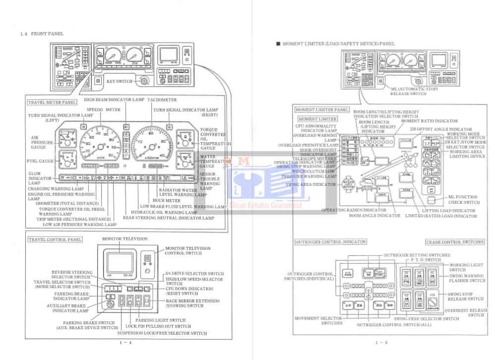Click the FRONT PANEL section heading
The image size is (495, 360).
tap(47, 34)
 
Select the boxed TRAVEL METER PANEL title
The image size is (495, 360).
tap(52, 102)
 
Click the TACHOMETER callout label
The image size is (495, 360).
tap(162, 100)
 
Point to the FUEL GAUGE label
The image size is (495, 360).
tap(40, 161)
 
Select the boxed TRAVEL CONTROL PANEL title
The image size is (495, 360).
tap(55, 239)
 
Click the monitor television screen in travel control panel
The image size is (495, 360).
tap(119, 263)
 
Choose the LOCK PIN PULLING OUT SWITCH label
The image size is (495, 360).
tap(158, 326)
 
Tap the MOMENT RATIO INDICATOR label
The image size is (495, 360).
tap(429, 121)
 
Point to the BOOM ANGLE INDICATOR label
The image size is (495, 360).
tap(374, 216)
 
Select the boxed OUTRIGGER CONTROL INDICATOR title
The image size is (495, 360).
tap(330, 242)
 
